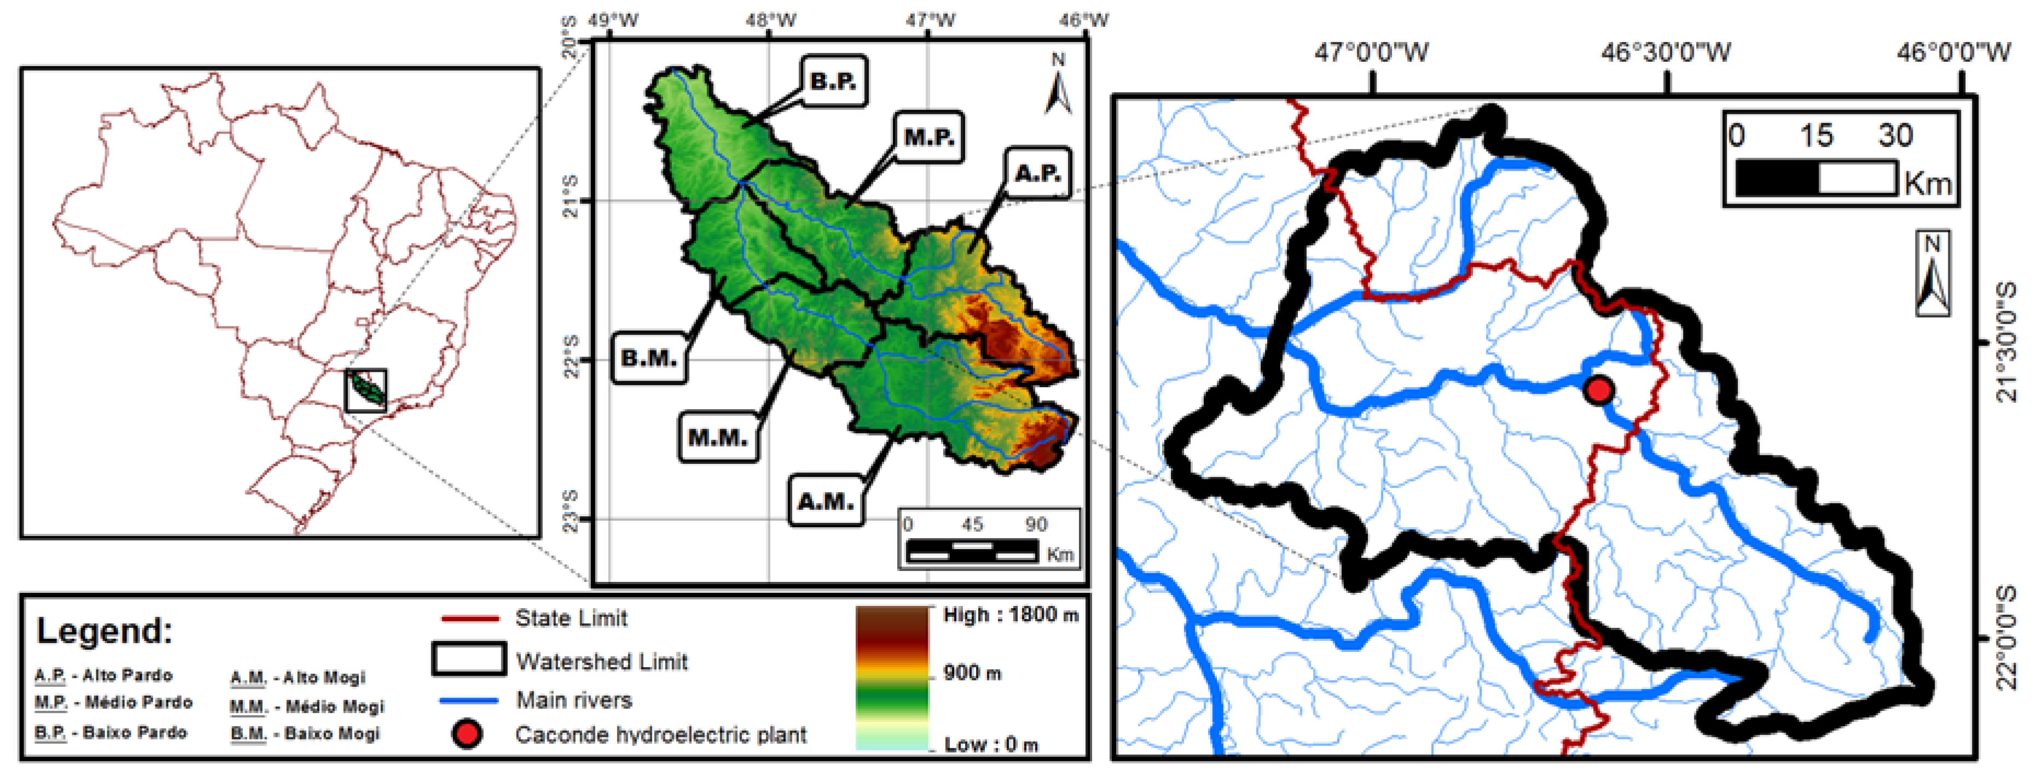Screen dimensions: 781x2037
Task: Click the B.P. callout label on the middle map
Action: pos(833,80)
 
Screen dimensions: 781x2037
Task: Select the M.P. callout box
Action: pos(928,137)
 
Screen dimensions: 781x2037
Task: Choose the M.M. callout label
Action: pos(718,437)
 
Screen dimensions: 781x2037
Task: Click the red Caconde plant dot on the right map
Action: pos(1599,390)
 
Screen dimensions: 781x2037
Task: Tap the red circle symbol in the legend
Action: pos(467,735)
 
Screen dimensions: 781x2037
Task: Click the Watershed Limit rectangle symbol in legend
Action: pos(468,659)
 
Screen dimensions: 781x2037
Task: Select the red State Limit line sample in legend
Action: pos(469,618)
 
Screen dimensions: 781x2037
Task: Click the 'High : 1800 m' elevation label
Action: pos(1010,615)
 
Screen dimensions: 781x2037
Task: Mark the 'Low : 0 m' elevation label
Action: pos(991,744)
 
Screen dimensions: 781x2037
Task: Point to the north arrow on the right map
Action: pos(1932,273)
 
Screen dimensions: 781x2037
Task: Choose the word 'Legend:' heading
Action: pos(105,631)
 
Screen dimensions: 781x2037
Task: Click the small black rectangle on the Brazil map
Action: pos(366,390)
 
